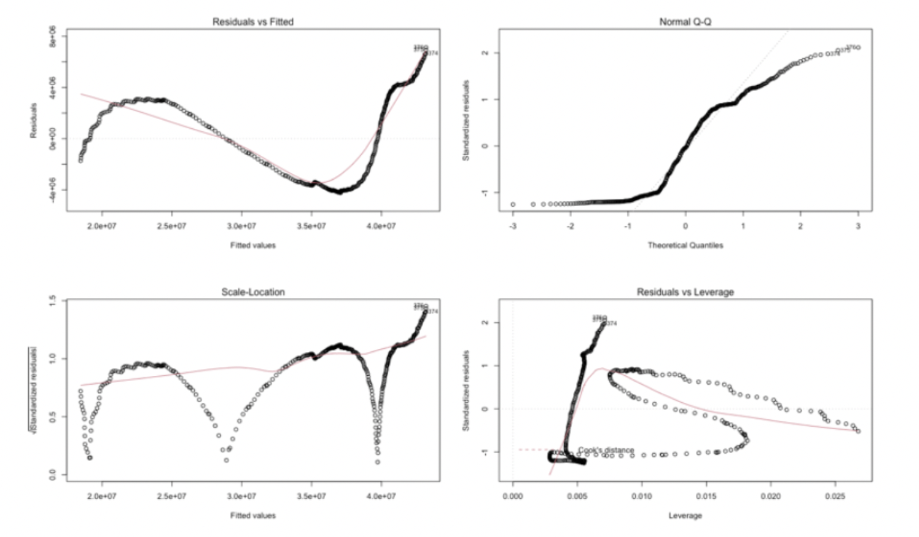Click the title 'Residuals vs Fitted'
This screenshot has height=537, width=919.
tap(253, 22)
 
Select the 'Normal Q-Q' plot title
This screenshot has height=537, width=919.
tap(685, 22)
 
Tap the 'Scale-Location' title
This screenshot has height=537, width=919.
tap(253, 292)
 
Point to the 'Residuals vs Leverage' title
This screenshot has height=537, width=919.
tap(685, 292)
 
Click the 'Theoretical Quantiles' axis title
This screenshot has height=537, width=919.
tap(685, 245)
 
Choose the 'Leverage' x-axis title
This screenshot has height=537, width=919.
tap(685, 515)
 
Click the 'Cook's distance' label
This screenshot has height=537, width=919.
tap(606, 450)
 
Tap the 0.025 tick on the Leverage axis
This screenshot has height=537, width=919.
tap(835, 496)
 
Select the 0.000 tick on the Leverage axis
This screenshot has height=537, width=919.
tap(513, 496)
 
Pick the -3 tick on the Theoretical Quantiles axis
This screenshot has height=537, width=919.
tap(513, 226)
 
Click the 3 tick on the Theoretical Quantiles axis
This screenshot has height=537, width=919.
tap(858, 226)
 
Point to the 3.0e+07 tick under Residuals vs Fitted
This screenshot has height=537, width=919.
tap(241, 226)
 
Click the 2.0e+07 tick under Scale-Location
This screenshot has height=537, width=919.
tap(102, 496)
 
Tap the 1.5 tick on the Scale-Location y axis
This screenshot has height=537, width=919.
tap(52, 300)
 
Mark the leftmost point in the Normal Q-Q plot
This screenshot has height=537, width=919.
tap(513, 204)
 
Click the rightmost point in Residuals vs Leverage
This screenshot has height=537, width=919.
tap(858, 431)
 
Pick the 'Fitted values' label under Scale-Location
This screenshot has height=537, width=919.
tap(253, 515)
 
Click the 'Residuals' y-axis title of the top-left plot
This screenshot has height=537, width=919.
tap(34, 120)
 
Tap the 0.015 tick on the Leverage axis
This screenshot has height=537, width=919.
tap(706, 496)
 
